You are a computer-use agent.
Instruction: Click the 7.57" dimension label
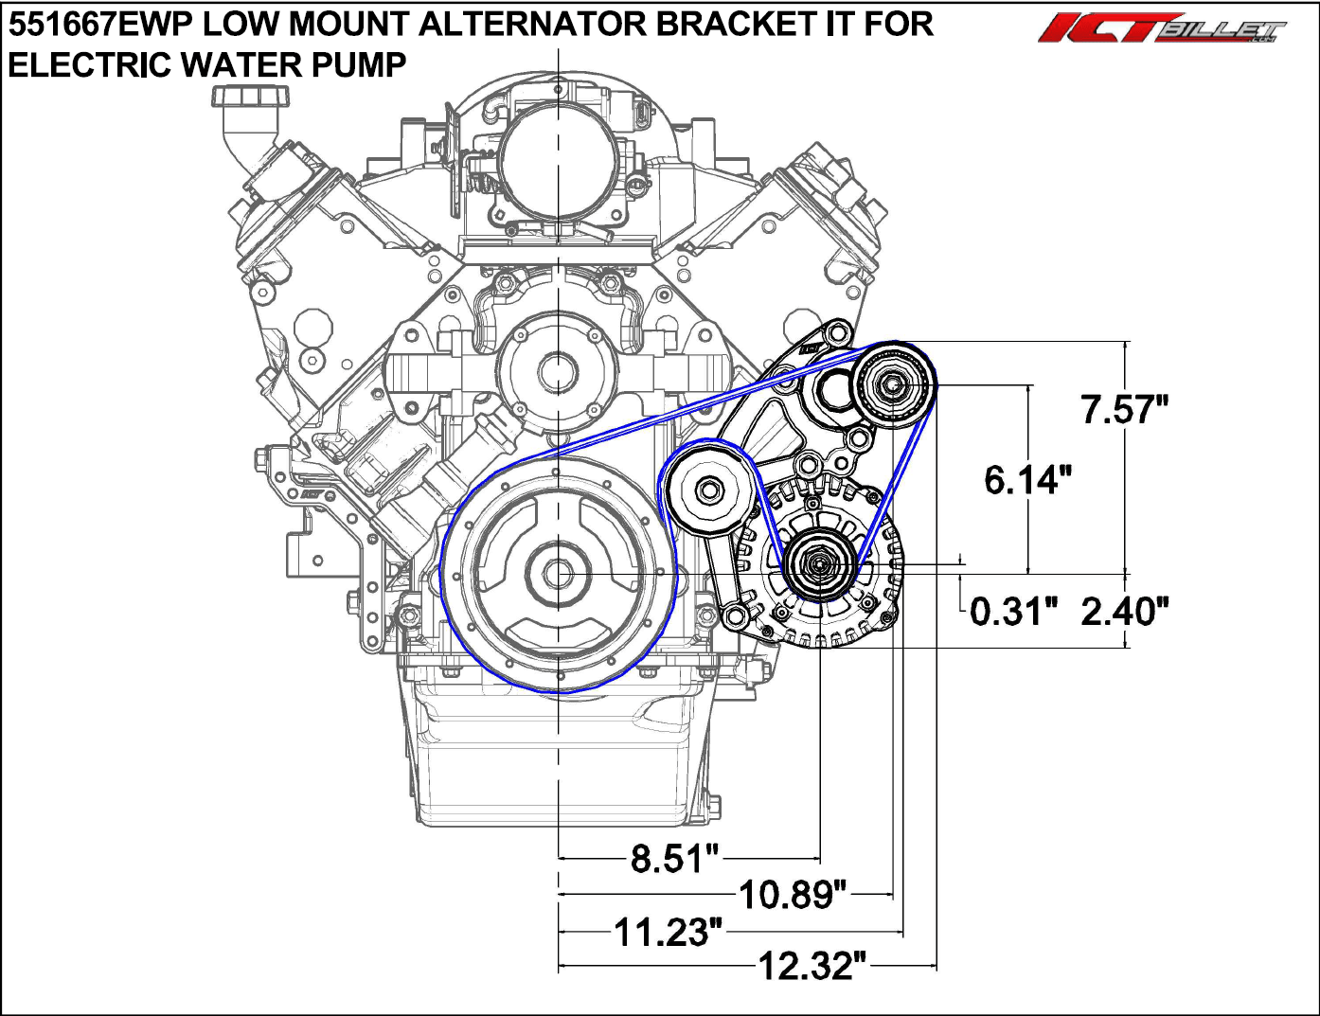[1124, 410]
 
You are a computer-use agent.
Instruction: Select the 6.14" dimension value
[1027, 480]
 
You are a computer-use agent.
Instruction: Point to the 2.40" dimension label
[1124, 612]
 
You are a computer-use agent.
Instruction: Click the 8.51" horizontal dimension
[675, 859]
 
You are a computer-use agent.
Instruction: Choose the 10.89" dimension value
[792, 894]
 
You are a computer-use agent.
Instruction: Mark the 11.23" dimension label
[669, 933]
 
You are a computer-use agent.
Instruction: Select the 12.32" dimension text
[812, 967]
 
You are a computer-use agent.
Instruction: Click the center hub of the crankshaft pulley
[559, 574]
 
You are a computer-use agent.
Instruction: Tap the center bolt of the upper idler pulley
[894, 385]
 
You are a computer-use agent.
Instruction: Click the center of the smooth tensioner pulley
[708, 490]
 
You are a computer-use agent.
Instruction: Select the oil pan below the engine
[559, 758]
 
